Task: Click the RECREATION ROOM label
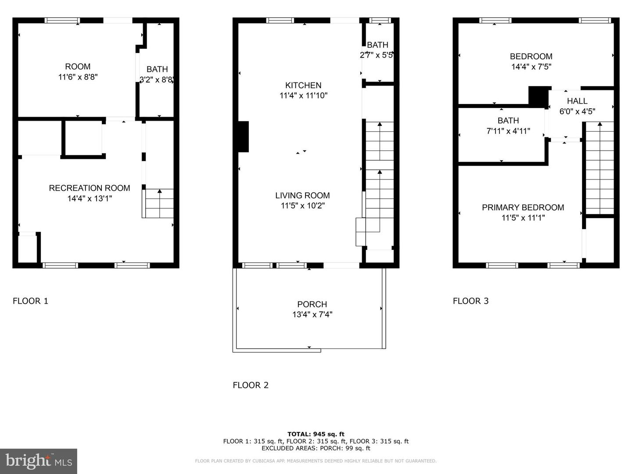click(90, 188)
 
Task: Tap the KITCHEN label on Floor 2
click(303, 85)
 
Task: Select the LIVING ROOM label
click(302, 195)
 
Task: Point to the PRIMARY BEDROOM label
click(523, 207)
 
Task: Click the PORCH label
click(312, 304)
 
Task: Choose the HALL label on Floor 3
click(577, 101)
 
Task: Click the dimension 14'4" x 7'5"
click(531, 67)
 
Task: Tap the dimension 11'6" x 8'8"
click(78, 77)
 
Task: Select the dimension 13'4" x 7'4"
click(312, 314)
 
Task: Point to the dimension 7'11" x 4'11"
click(508, 131)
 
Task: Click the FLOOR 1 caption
click(30, 301)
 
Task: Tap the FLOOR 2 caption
click(251, 385)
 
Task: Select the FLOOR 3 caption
click(470, 301)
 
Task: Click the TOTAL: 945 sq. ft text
click(316, 434)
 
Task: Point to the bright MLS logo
click(39, 461)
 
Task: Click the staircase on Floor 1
click(159, 203)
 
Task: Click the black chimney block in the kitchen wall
click(243, 136)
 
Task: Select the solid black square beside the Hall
click(539, 96)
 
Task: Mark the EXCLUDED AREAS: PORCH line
click(316, 448)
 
